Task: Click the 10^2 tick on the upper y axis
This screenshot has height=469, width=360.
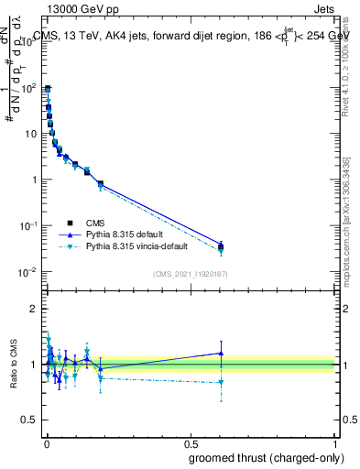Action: tap(30, 87)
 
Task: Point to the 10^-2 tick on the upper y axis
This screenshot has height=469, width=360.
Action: tap(30, 272)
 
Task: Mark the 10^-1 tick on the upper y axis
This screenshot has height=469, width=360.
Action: tap(30, 226)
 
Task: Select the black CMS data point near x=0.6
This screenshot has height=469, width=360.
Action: tap(221, 245)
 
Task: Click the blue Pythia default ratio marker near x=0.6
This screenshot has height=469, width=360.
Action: tap(221, 353)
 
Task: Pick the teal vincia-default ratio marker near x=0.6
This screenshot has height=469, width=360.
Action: tap(221, 383)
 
